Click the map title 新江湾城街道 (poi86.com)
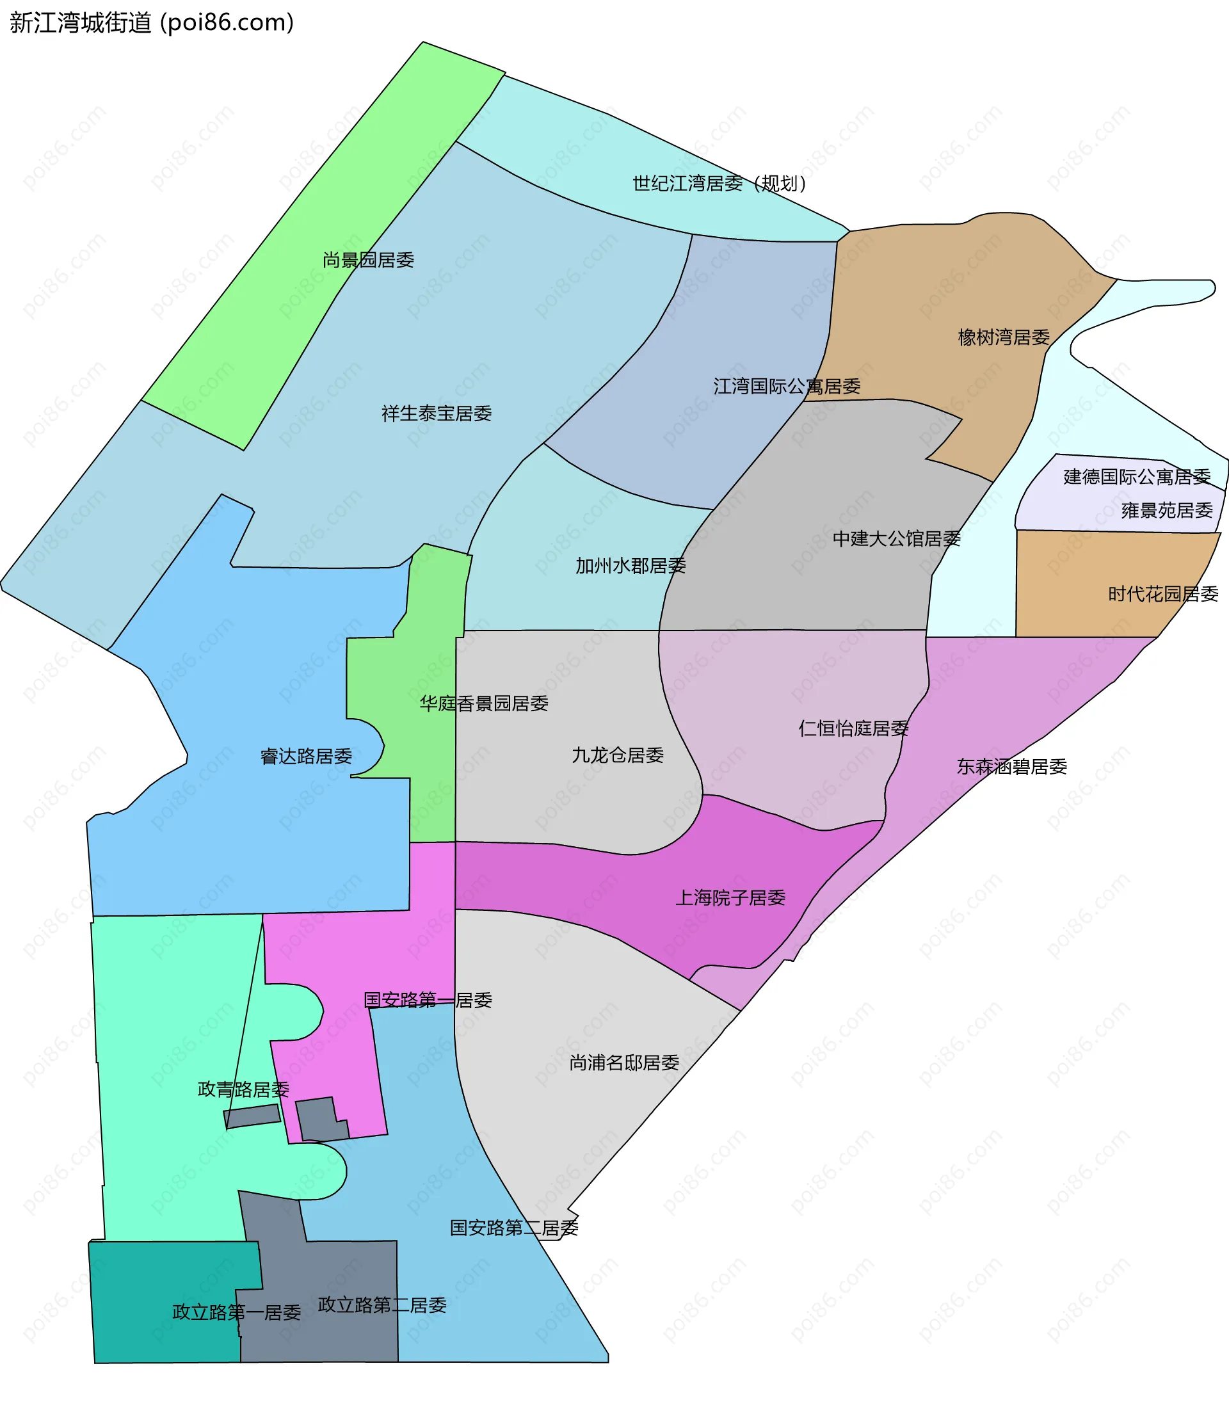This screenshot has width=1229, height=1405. point(152,23)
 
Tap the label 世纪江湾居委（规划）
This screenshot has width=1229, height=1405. point(719,183)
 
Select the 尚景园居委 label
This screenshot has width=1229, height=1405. point(368,260)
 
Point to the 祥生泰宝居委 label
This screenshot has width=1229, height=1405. point(436,413)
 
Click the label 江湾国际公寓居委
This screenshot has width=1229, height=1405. point(787,387)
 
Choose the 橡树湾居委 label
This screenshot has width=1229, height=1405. point(1004,337)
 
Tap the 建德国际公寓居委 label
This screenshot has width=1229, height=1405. point(1136,477)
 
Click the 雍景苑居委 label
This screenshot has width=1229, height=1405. point(1166,510)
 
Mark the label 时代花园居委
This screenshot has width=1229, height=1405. point(1163,594)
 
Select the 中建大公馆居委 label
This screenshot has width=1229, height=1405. point(896,539)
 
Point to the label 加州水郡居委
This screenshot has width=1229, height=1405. point(631,566)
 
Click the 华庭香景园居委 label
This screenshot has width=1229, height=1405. point(483,703)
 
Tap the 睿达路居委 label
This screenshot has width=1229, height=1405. point(306,757)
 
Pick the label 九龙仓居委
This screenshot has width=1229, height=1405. point(617,755)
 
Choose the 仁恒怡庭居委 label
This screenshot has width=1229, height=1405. point(853,728)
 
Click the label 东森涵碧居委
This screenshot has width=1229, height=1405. point(1011,767)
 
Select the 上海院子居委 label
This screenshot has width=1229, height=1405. point(730,897)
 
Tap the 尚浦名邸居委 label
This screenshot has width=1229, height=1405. point(624,1063)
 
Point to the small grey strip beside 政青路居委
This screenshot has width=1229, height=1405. point(252,1116)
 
